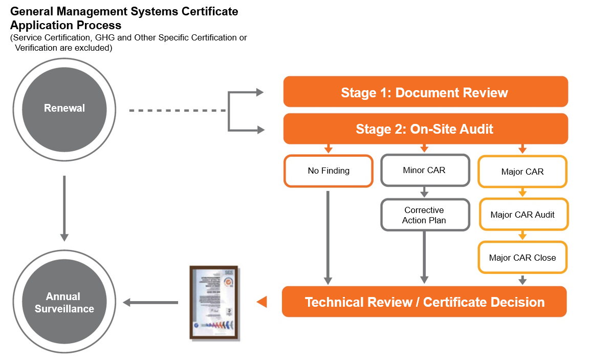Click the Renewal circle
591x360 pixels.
(64, 109)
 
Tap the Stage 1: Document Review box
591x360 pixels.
(425, 92)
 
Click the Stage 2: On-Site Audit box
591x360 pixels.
(425, 129)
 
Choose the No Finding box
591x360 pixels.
(329, 171)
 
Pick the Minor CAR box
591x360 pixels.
(424, 170)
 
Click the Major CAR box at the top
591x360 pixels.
(522, 172)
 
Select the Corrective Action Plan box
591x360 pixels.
(424, 216)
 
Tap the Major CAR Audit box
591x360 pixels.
(522, 215)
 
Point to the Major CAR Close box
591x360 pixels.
(522, 258)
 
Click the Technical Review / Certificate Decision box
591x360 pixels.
(424, 302)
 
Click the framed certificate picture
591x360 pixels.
(214, 303)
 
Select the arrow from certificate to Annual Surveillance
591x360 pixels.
(150, 303)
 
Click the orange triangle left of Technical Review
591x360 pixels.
(262, 302)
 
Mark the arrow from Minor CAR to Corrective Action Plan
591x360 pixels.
(424, 193)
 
